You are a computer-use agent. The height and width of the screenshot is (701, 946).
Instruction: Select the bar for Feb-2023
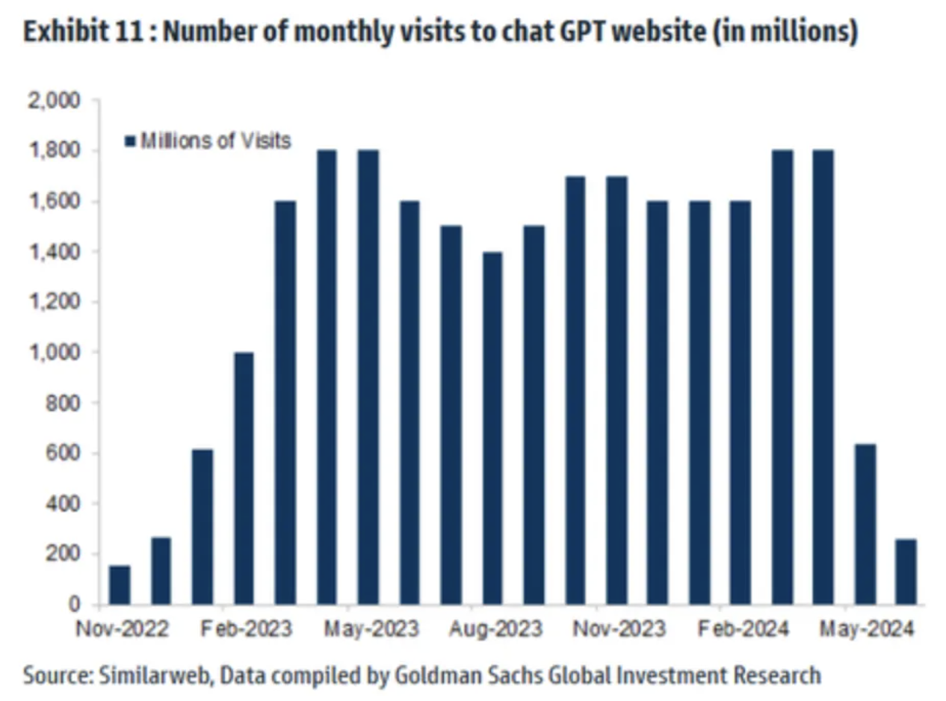(x=244, y=478)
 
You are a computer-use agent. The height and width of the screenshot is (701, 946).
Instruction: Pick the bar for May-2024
(x=865, y=524)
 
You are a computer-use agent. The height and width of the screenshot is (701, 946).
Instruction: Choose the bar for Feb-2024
(x=741, y=404)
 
